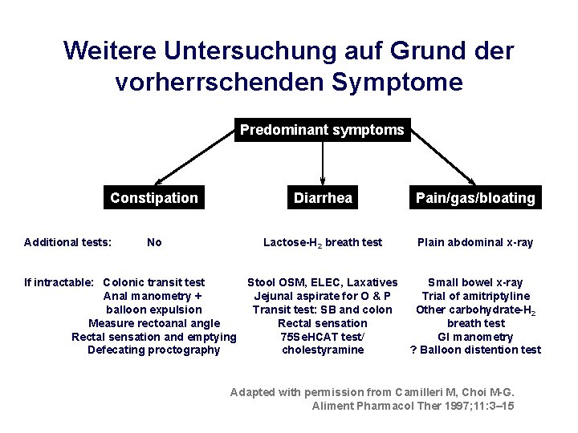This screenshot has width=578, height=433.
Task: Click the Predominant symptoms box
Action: pyautogui.click(x=322, y=130)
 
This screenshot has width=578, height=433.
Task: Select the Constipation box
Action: pyautogui.click(x=154, y=198)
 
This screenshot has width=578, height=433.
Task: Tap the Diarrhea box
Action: pyautogui.click(x=323, y=198)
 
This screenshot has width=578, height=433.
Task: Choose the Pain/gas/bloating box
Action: pyautogui.click(x=475, y=198)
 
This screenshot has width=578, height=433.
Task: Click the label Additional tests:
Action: pyautogui.click(x=68, y=242)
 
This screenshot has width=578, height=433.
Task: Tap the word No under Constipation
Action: pyautogui.click(x=154, y=242)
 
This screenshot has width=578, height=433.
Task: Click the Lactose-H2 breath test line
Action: pyautogui.click(x=323, y=242)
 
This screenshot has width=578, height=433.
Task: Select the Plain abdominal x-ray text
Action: pyautogui.click(x=475, y=242)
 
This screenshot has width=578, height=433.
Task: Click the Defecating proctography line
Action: pyautogui.click(x=154, y=350)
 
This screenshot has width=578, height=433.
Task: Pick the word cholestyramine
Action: pyautogui.click(x=323, y=350)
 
